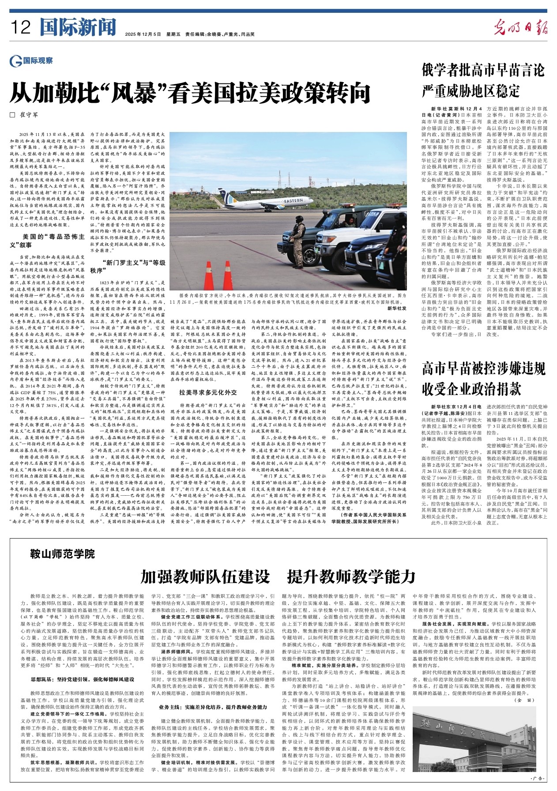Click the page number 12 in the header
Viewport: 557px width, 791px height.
click(x=21, y=28)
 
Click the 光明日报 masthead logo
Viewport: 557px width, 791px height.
click(x=520, y=27)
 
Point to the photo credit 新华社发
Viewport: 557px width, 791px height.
click(x=397, y=309)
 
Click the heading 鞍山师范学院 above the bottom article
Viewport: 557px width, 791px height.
click(x=62, y=554)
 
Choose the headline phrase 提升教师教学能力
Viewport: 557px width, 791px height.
click(x=351, y=576)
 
